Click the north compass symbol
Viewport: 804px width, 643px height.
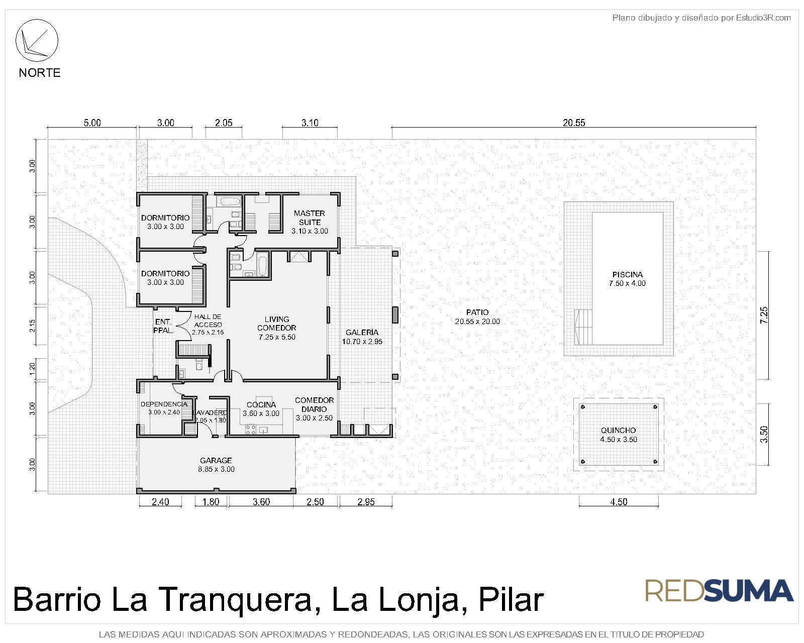click(37, 40)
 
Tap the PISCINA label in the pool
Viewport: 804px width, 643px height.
click(627, 275)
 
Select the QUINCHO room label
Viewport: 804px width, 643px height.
click(618, 431)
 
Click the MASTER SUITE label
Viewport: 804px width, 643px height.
click(310, 218)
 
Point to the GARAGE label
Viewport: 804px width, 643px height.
click(216, 461)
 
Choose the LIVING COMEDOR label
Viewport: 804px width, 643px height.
click(277, 324)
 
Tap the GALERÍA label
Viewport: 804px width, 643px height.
click(362, 332)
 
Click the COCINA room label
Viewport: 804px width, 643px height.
click(261, 404)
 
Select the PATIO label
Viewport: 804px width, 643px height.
click(477, 312)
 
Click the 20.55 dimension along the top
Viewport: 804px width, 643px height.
click(574, 123)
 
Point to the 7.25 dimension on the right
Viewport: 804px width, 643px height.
click(764, 315)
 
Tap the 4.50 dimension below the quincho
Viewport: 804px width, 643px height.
click(619, 502)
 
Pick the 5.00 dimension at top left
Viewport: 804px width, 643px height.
click(92, 123)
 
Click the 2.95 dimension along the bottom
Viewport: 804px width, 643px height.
click(366, 502)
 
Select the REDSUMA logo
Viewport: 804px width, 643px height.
click(719, 591)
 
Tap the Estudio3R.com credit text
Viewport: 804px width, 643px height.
click(763, 18)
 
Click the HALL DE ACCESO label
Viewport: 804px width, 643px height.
click(208, 320)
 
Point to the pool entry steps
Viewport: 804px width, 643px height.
click(583, 327)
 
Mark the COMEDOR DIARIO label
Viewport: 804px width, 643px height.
click(314, 404)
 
